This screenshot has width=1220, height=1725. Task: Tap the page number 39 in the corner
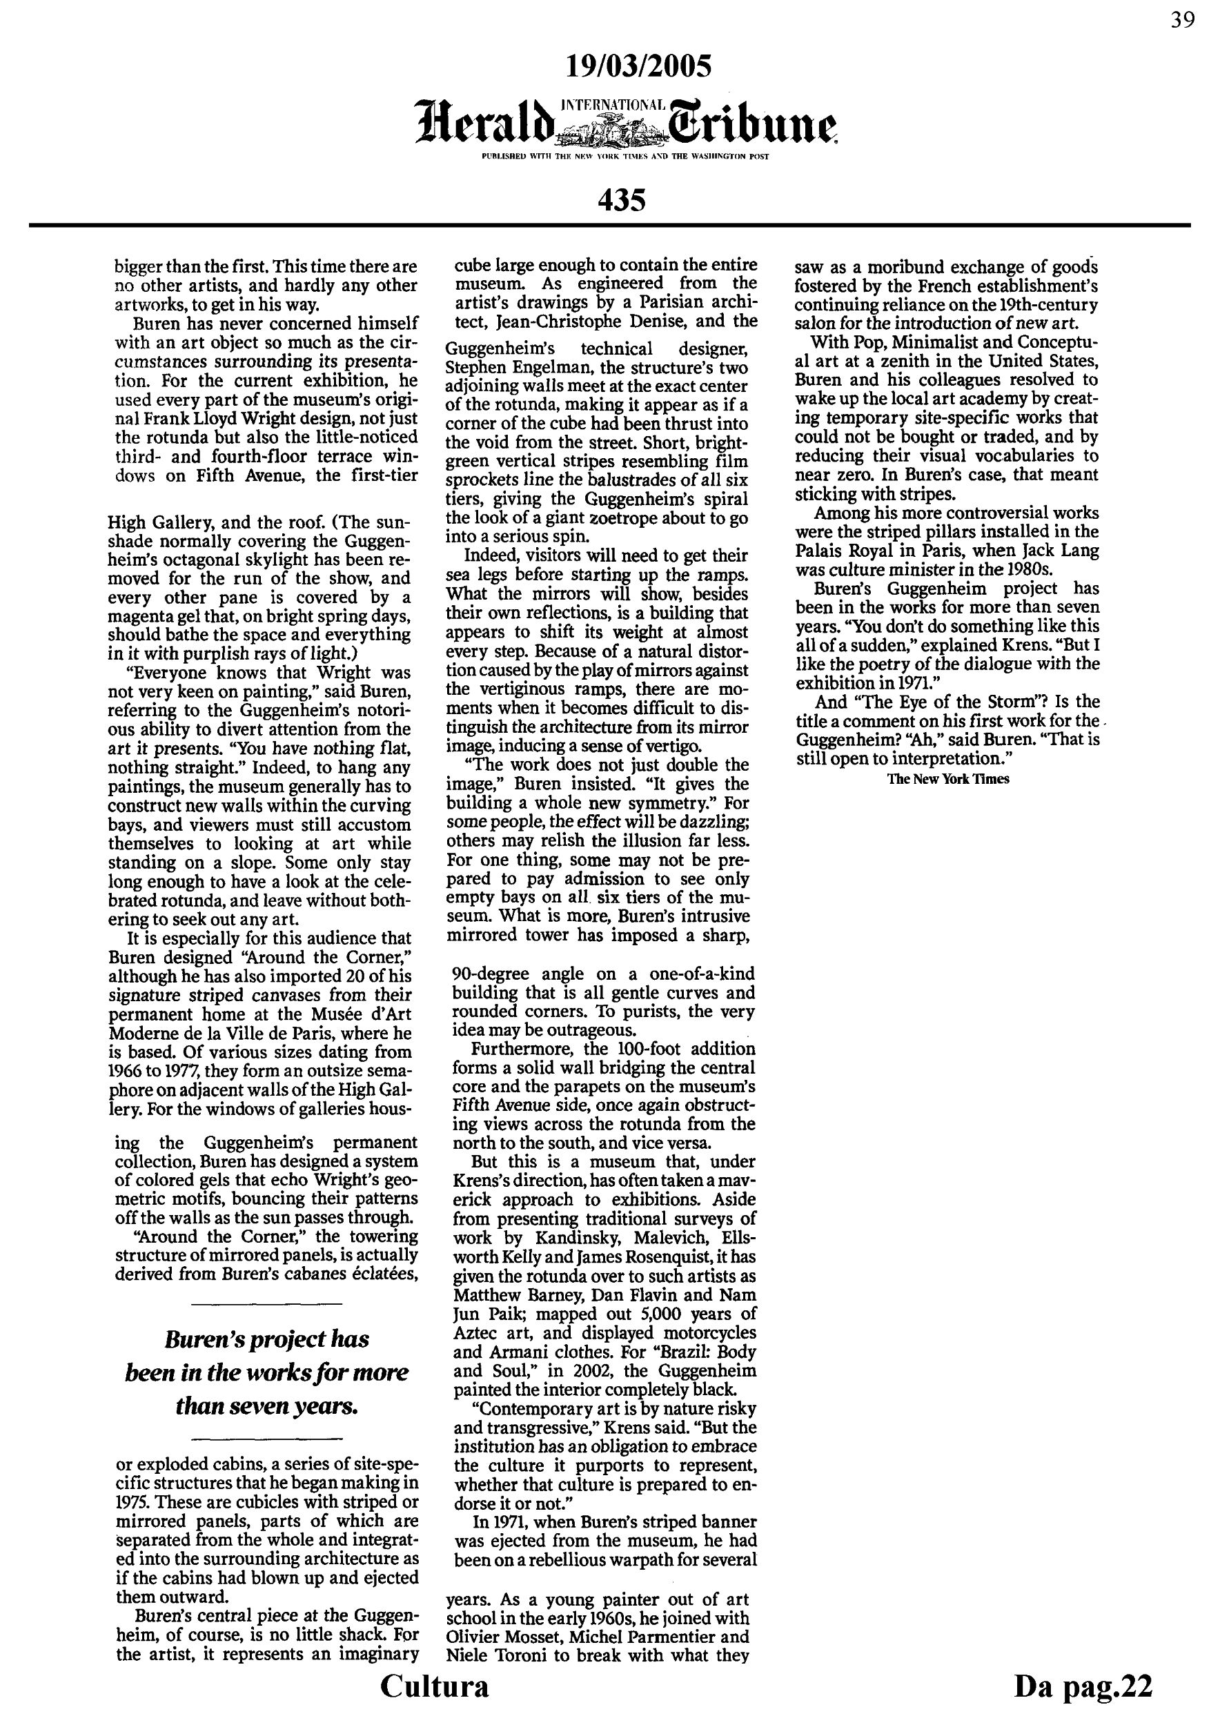[1183, 20]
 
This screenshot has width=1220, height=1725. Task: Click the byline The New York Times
[948, 779]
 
